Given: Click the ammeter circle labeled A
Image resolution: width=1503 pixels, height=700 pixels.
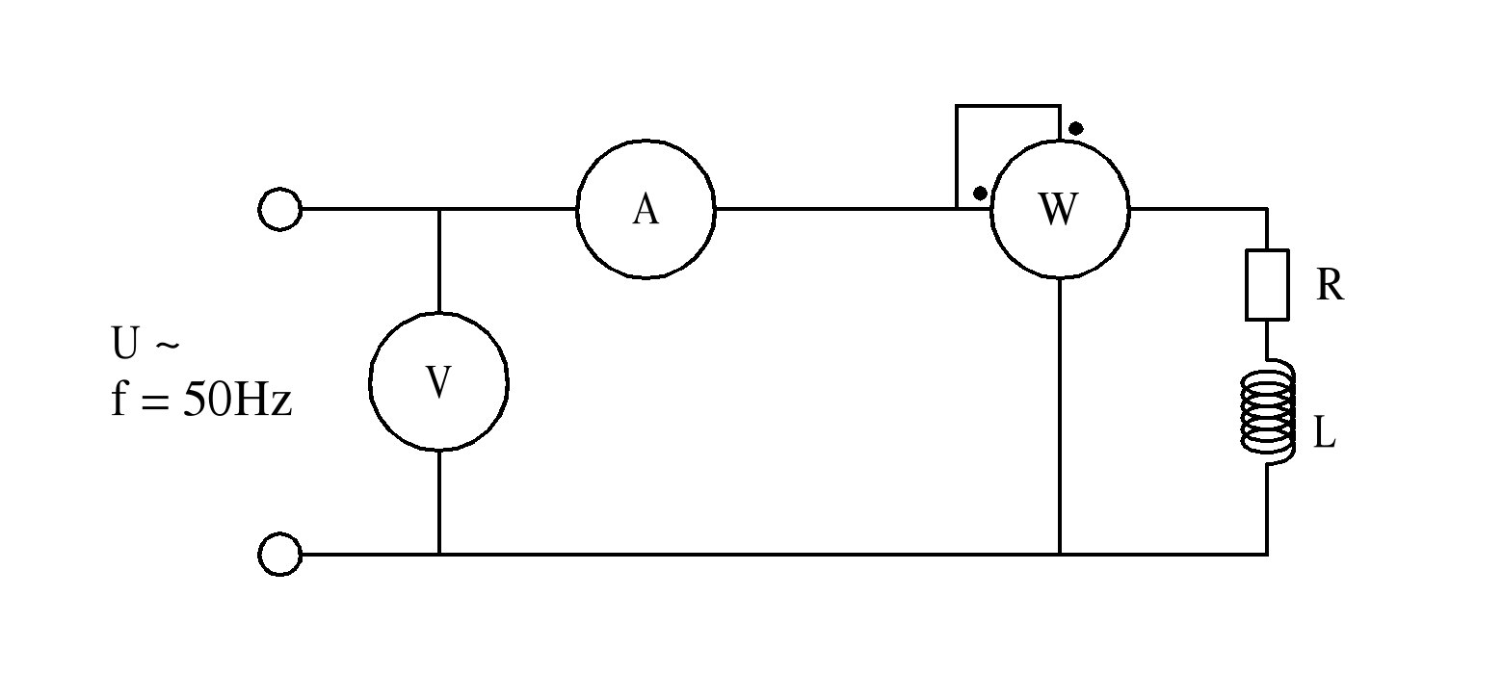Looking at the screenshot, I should (646, 209).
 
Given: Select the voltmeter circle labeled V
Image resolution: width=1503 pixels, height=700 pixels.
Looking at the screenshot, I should (439, 382).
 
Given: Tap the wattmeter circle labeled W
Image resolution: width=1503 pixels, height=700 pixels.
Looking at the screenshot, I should (1060, 209).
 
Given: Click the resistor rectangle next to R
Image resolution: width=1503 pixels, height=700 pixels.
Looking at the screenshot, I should (1267, 285).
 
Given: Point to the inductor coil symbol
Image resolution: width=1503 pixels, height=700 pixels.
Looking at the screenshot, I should (1268, 413).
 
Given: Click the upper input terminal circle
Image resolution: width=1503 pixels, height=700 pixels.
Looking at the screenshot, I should (280, 209).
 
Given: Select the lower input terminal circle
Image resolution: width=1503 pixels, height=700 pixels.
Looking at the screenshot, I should (280, 555).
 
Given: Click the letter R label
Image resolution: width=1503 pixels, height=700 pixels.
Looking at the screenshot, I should (1330, 286).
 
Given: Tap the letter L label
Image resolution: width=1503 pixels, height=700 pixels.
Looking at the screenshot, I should (1326, 435).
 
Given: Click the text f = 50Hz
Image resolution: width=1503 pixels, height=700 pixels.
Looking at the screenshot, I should (201, 401).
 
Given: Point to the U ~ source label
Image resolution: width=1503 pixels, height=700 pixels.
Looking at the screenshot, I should (145, 345).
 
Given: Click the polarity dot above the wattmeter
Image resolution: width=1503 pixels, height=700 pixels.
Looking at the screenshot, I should (1076, 128).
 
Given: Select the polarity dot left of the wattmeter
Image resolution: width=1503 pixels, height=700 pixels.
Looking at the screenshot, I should (980, 193).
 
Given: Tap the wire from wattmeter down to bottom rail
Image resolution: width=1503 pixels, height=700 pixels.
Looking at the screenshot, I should (1060, 414).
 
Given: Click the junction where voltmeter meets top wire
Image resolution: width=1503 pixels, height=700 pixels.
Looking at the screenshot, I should (439, 209).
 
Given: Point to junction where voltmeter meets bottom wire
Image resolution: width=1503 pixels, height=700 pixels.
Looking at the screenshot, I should (439, 555).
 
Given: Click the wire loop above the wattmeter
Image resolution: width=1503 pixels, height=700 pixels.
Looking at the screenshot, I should (1007, 106).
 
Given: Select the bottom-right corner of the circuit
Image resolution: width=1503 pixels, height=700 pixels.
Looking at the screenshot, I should (1267, 555).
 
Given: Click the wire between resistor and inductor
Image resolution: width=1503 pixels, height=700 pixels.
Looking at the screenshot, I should (1267, 339).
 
